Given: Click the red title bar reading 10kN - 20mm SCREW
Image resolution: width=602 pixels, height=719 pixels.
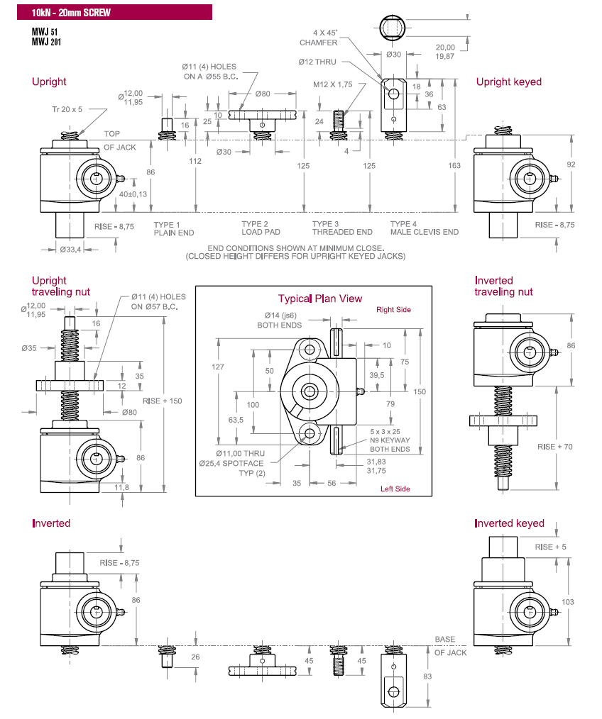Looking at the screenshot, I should pos(106,12).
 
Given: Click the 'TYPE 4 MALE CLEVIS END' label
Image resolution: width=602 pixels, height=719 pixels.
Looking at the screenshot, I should pos(424,228).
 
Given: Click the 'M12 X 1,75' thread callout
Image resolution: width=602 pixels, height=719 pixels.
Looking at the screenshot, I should pos(333,84).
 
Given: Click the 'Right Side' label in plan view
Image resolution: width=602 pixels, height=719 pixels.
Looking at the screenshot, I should pos(393,310).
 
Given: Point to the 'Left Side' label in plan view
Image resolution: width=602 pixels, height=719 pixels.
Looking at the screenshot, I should pos(395,489).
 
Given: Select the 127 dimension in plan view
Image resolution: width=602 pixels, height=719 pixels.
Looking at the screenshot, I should pos(218,367).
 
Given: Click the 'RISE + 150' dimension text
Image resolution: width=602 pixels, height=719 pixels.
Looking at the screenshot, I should pos(162,401).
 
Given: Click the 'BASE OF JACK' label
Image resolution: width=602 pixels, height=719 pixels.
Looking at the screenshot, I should pos(450,646).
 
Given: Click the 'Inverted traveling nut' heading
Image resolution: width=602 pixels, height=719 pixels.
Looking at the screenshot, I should pos(503,286).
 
